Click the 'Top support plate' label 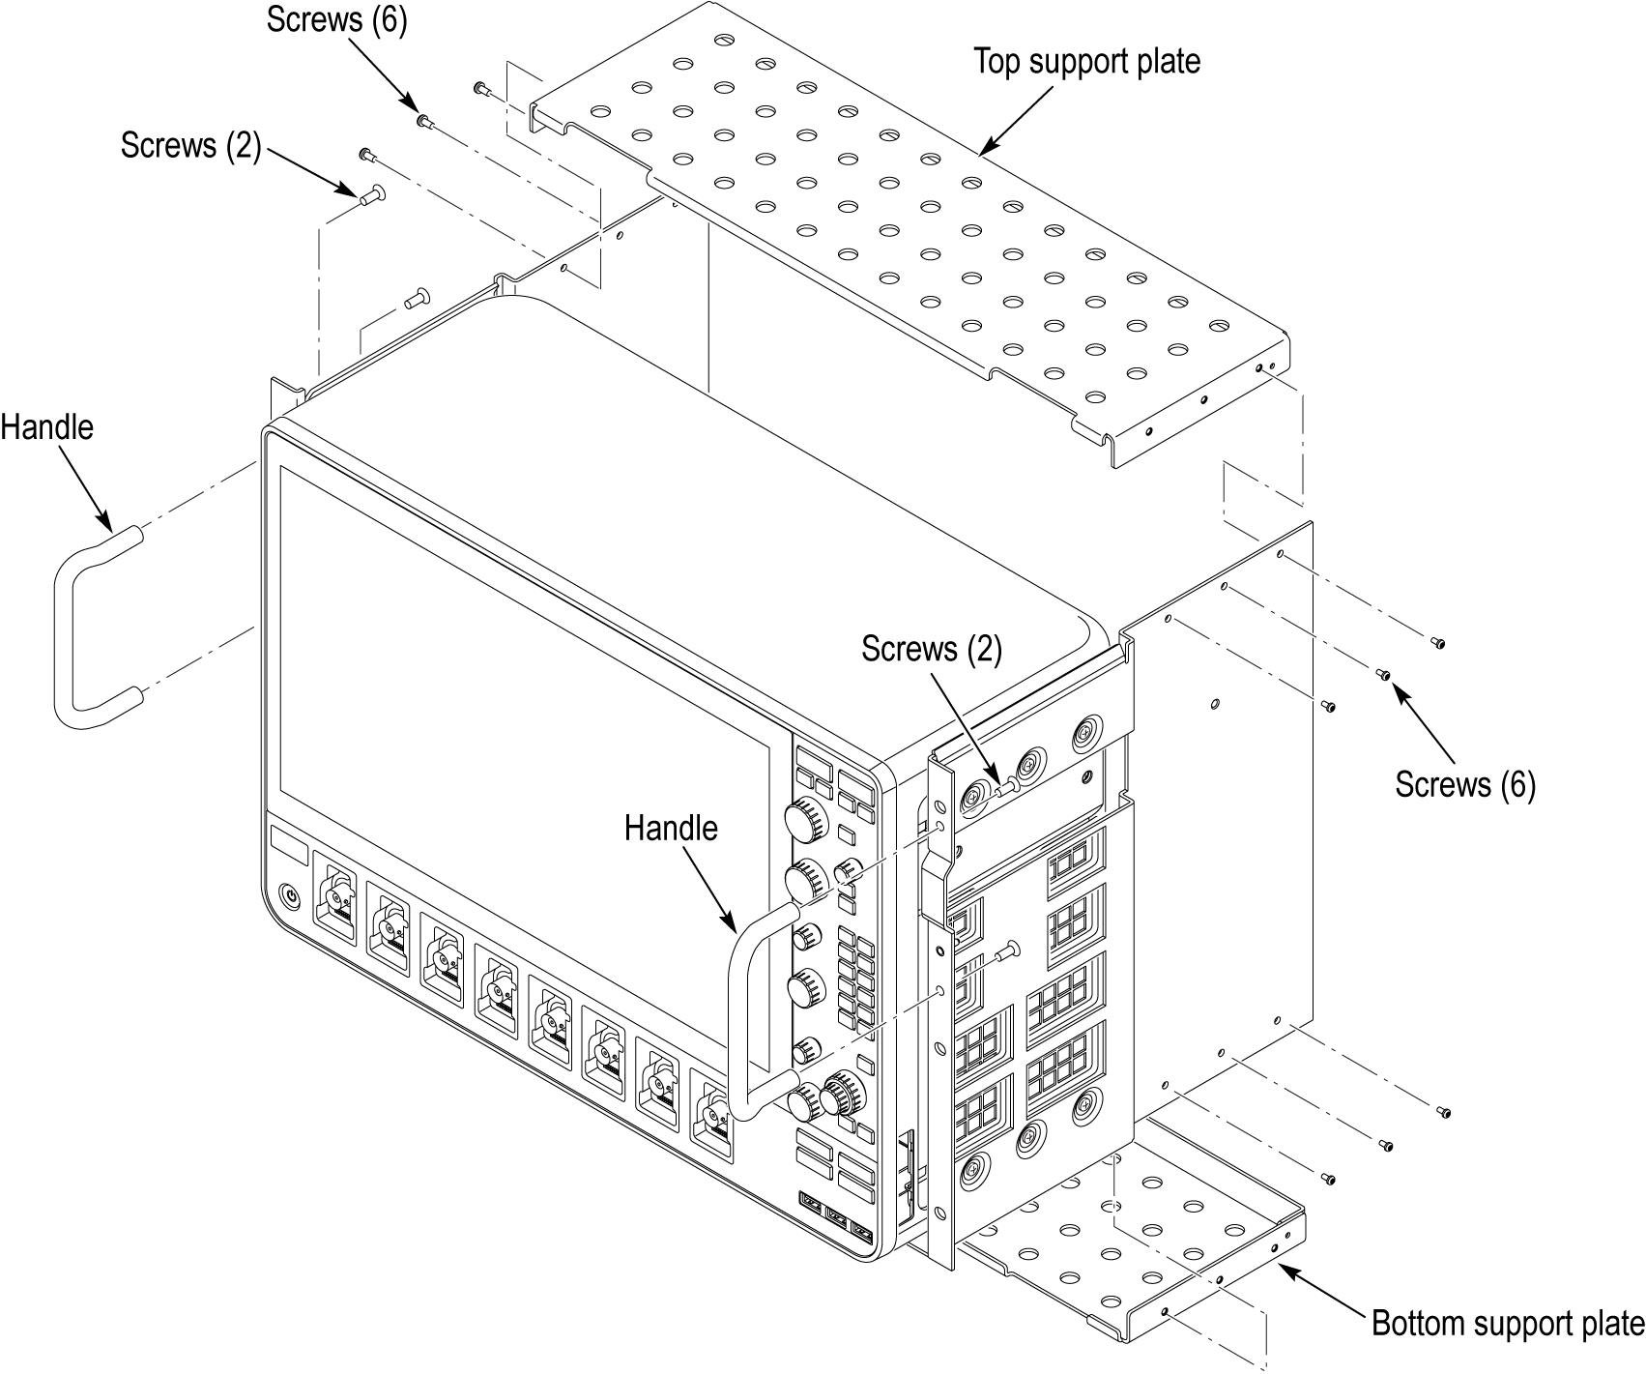(x=1086, y=61)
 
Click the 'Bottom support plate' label (x=1507, y=1323)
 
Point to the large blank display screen (x=522, y=677)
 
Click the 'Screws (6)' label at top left (x=336, y=20)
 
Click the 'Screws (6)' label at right (x=1464, y=783)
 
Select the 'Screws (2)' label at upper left (x=190, y=145)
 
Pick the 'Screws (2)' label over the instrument (x=931, y=649)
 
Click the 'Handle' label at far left (x=46, y=426)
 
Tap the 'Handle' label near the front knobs (x=671, y=828)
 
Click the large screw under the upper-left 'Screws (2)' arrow (x=371, y=196)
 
